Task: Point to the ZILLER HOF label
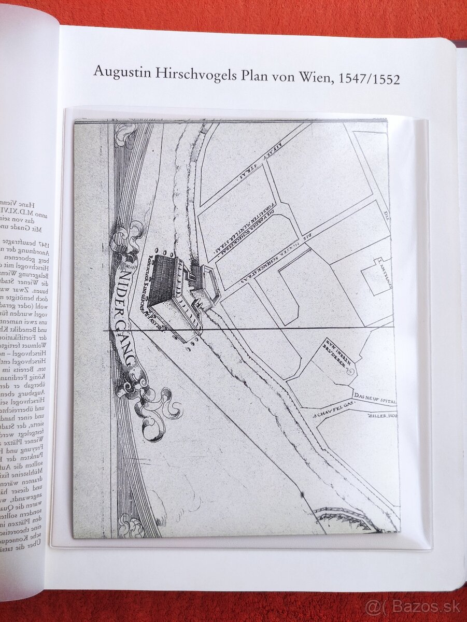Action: click(x=381, y=416)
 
